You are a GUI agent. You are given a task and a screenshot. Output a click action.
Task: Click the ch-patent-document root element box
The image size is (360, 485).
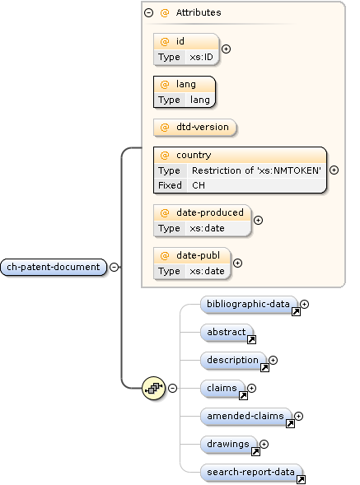(x=54, y=267)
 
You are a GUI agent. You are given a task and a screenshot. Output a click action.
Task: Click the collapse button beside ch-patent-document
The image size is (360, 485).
(x=114, y=267)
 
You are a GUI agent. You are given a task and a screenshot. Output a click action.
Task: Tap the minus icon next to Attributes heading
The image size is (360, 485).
(x=148, y=13)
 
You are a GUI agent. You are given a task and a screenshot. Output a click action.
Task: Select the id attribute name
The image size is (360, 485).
(x=180, y=41)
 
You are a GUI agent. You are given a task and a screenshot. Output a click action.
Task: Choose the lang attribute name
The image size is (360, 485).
(x=185, y=84)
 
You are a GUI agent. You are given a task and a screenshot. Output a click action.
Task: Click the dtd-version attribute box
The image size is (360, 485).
(x=194, y=128)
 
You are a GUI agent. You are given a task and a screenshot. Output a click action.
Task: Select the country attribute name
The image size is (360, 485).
(x=193, y=155)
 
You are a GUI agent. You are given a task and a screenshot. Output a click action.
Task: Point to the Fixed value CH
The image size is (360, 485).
(x=199, y=185)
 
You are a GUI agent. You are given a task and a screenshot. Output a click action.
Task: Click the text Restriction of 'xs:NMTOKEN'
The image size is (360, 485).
(x=256, y=170)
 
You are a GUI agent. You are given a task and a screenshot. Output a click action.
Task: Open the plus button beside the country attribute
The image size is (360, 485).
(x=334, y=170)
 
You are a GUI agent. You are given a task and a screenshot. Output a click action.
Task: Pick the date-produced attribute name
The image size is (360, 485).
(x=209, y=212)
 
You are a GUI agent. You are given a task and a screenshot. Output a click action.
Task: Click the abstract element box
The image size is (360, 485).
(x=227, y=333)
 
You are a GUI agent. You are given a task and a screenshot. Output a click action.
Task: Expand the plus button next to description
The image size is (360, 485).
(x=274, y=360)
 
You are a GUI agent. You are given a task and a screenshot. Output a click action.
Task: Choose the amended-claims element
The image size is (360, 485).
(x=246, y=417)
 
